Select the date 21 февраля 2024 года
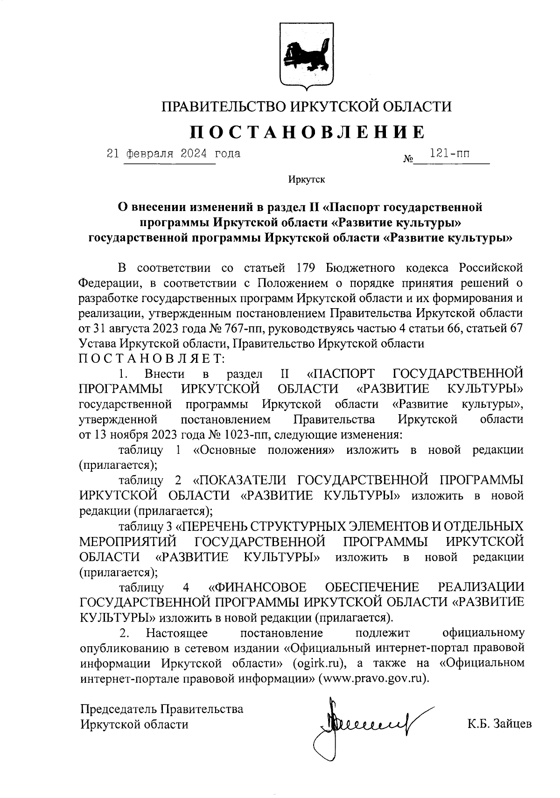(174, 153)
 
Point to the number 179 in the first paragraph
(308, 268)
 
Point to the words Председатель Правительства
(161, 709)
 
